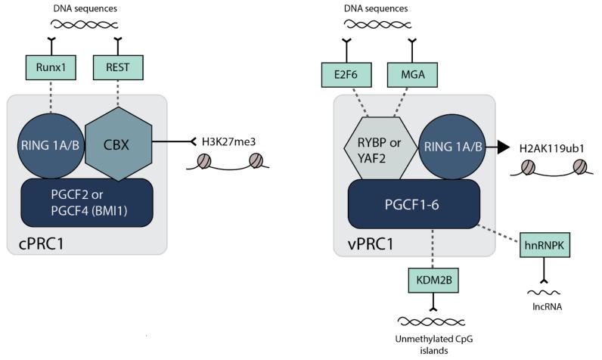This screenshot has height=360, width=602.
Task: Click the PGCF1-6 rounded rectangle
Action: pos(414,203)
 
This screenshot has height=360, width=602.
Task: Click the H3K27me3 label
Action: pos(227,141)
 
